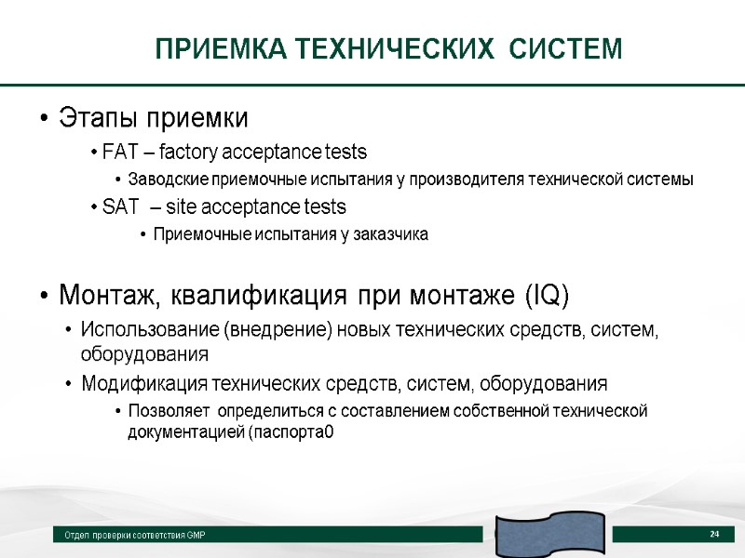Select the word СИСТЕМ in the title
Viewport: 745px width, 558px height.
[569, 48]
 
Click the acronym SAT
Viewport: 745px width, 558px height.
[118, 206]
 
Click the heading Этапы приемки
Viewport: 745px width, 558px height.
[154, 119]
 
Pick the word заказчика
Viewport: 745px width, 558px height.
[390, 234]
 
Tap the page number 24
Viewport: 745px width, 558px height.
[714, 534]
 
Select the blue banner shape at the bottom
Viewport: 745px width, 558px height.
[549, 534]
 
